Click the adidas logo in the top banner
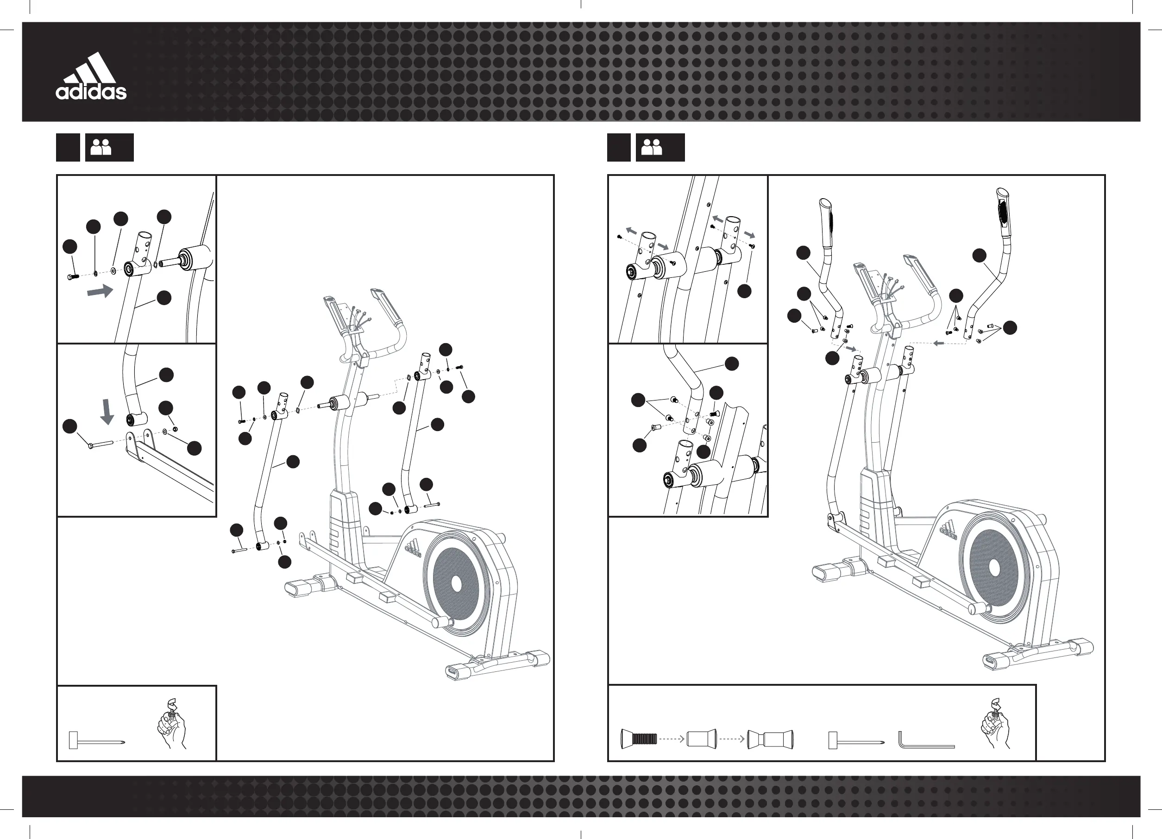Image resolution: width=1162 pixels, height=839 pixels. point(91,77)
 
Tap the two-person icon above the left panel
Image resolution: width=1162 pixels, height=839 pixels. point(101,148)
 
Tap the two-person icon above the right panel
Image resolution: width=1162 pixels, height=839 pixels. point(652,148)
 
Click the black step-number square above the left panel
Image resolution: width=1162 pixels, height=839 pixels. point(68,148)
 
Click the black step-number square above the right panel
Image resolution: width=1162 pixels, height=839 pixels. point(618,148)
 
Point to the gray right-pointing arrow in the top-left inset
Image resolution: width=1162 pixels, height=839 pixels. point(100,291)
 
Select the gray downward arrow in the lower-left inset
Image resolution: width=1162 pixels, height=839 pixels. point(107,412)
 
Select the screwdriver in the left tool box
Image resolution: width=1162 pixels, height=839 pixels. point(96,740)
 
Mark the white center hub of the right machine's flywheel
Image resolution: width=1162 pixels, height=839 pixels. point(994,568)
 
